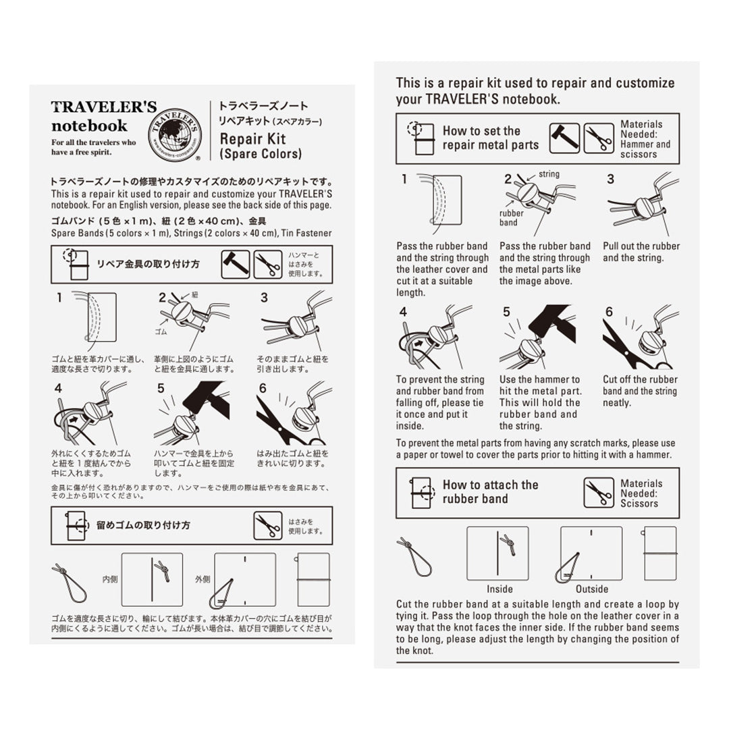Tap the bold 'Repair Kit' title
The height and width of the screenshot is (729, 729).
248,139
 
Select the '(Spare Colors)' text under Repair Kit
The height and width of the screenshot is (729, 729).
261,154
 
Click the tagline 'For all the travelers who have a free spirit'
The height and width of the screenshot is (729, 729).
93,146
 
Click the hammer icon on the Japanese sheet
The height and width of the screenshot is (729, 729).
235,265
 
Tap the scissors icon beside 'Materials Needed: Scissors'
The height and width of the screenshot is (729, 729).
598,493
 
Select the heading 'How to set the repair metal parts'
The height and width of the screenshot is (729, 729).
490,138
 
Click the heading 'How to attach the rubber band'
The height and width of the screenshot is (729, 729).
490,491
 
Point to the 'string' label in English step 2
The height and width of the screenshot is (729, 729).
548,174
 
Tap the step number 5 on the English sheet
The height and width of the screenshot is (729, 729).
506,312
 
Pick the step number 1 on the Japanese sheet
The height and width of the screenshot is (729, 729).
59,297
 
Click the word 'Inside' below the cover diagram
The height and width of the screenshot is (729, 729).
500,589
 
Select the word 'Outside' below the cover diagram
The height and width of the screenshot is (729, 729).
592,589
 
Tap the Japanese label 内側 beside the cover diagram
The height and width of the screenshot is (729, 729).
110,579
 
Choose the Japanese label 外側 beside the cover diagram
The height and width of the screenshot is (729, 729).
202,579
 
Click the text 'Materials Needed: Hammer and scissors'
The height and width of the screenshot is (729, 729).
645,139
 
